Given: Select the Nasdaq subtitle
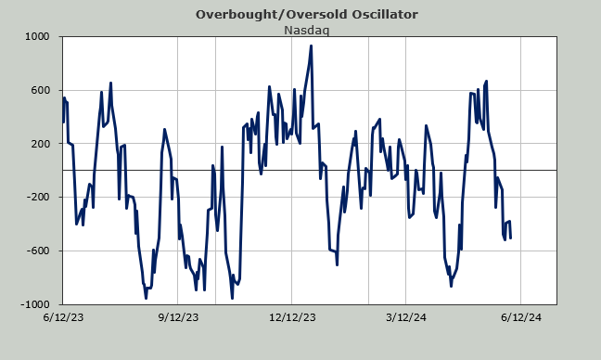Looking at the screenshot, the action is [307, 30].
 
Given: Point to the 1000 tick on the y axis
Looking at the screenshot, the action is [37, 37].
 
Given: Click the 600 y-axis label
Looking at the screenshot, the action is [40, 90].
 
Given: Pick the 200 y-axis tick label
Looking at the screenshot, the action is [40, 144].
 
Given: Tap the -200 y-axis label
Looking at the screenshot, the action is [38, 197].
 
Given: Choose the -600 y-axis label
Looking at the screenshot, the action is [38, 251].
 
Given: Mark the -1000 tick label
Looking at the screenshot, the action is [35, 304].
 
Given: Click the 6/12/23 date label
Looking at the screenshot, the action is [63, 317].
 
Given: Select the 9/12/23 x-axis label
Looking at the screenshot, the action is [178, 317].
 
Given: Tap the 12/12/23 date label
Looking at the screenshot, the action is [292, 317].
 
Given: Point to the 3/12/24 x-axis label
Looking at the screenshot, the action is [406, 317].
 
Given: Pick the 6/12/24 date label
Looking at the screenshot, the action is [521, 317].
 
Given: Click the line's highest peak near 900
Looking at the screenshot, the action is [311, 45].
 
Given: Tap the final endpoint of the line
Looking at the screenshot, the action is [510, 238].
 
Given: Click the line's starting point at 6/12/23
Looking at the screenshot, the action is [63, 122].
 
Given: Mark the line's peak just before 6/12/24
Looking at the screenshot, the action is [486, 82].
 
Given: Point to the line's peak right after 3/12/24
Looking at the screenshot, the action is [426, 125].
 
